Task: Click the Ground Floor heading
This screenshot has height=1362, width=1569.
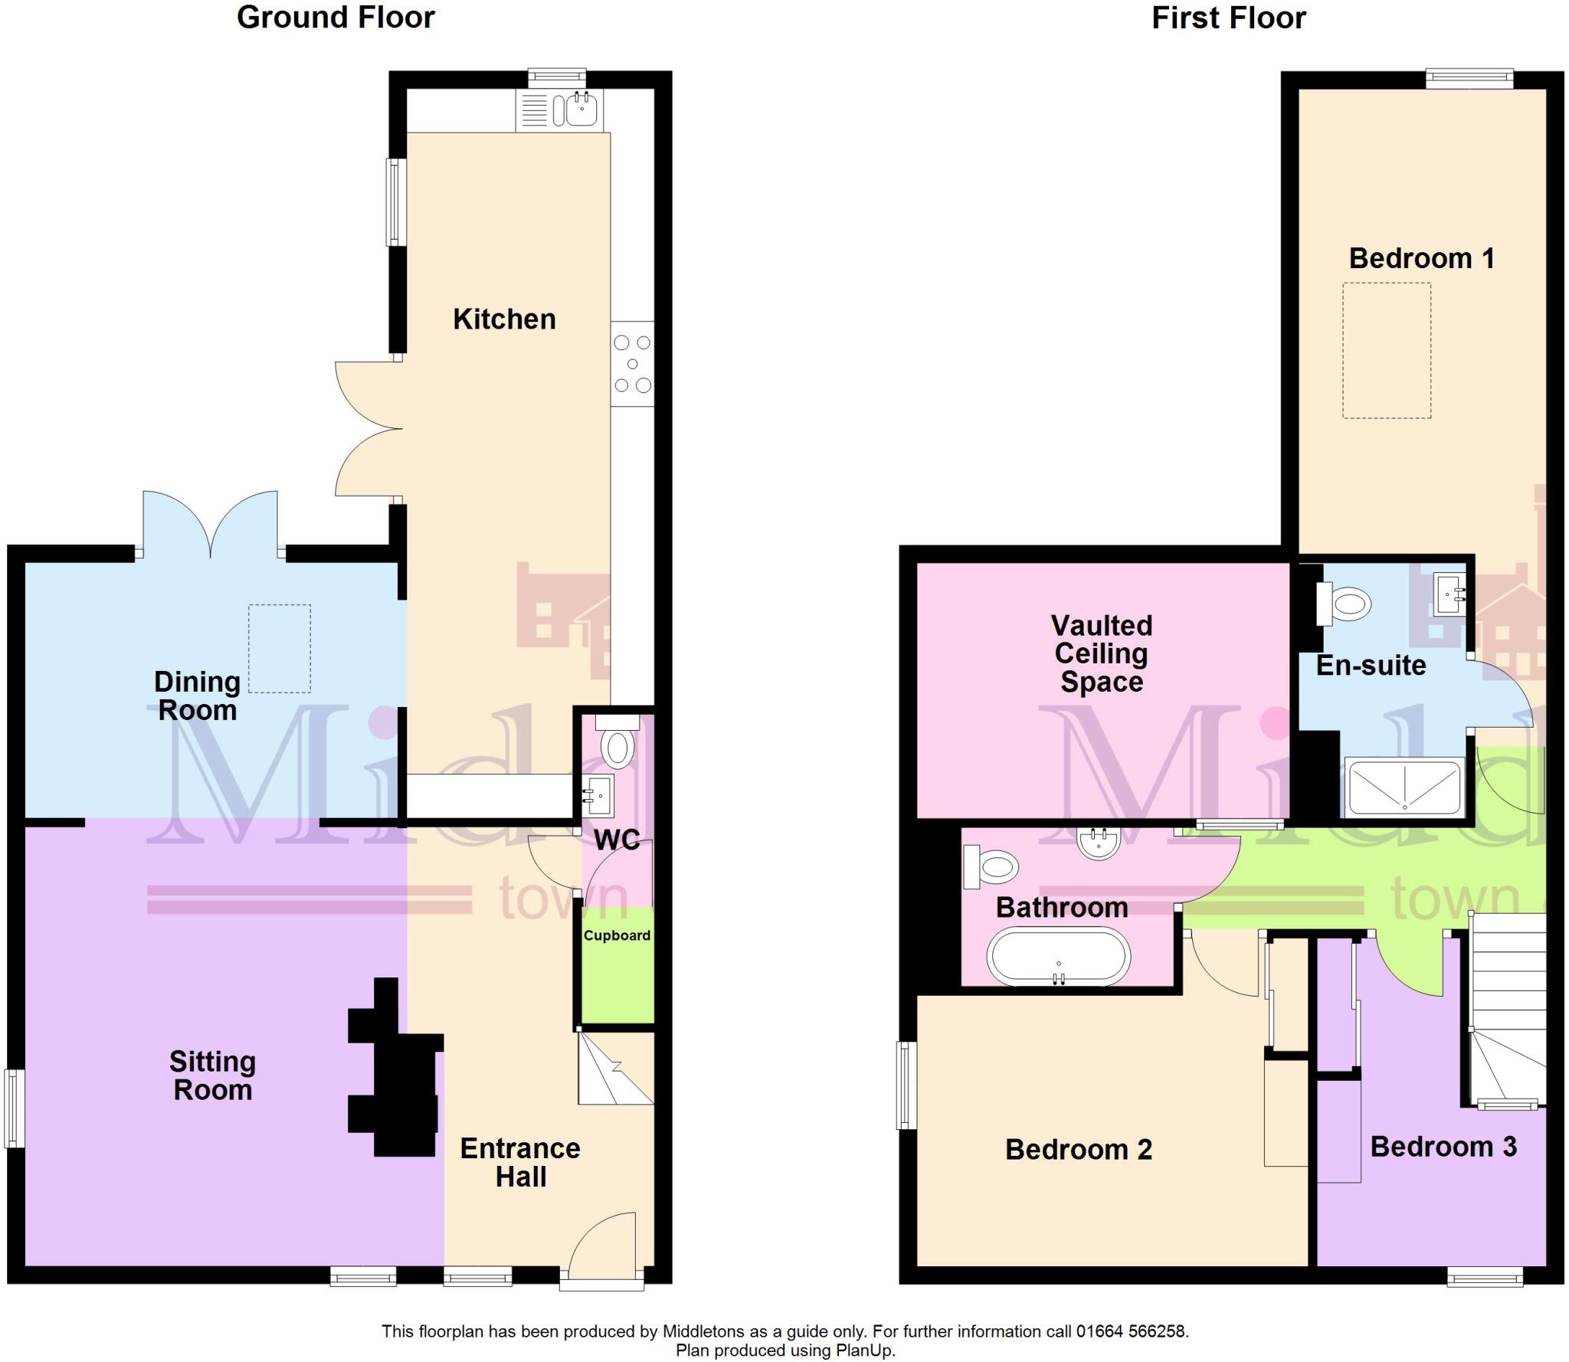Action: tap(336, 18)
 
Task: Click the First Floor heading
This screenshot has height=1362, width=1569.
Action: tap(1228, 18)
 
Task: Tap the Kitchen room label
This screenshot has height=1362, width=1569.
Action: tap(504, 319)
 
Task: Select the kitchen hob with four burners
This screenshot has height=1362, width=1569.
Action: tap(632, 364)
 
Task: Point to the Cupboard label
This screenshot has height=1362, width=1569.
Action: tap(617, 935)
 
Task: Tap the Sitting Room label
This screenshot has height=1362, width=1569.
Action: tap(212, 1076)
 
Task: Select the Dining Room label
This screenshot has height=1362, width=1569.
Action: tap(197, 696)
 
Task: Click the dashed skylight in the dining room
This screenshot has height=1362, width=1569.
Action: tap(280, 648)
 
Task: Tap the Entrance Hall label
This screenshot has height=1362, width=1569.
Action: tap(520, 1162)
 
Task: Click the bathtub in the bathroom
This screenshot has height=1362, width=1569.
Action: tap(1059, 957)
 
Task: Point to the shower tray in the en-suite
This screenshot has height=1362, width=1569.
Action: tap(1404, 787)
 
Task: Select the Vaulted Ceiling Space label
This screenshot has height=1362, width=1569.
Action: tap(1102, 653)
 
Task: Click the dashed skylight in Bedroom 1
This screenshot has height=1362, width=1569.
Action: tap(1386, 350)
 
